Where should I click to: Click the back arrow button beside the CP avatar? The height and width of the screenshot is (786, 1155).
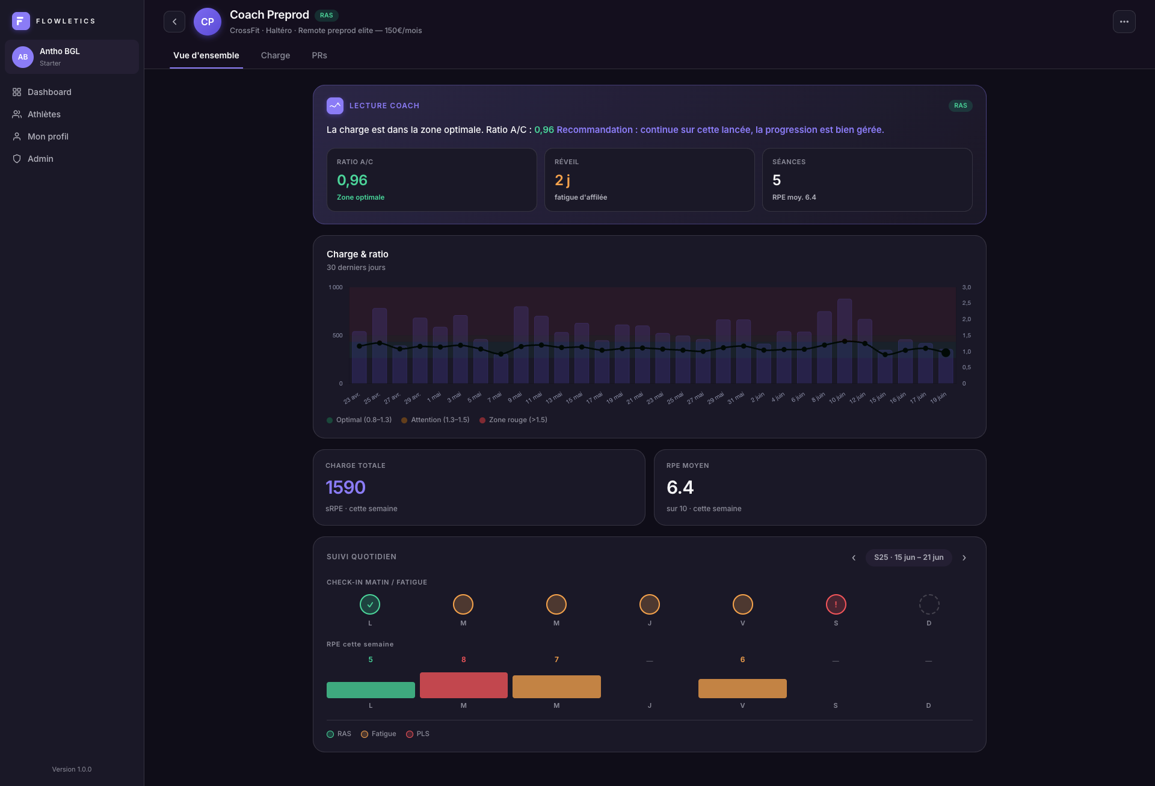174,22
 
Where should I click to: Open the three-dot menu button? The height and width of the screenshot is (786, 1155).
1124,22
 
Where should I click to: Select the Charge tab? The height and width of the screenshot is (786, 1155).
276,55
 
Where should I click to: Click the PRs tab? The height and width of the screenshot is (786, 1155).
319,55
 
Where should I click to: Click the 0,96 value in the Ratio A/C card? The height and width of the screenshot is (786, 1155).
352,180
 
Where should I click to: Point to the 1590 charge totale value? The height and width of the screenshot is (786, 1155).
345,487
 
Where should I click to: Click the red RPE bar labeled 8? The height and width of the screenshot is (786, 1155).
463,686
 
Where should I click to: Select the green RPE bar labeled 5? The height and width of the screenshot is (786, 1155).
371,690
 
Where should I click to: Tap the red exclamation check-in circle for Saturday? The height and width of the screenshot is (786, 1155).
836,604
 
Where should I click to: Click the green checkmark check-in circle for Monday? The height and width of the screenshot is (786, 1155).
370,604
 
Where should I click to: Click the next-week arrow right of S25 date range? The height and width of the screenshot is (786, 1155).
964,557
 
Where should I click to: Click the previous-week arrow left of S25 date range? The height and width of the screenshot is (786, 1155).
854,557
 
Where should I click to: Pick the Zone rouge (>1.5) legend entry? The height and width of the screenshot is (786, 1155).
513,420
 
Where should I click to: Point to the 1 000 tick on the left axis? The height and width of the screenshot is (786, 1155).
336,287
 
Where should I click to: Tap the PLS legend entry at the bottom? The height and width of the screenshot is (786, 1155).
417,734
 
